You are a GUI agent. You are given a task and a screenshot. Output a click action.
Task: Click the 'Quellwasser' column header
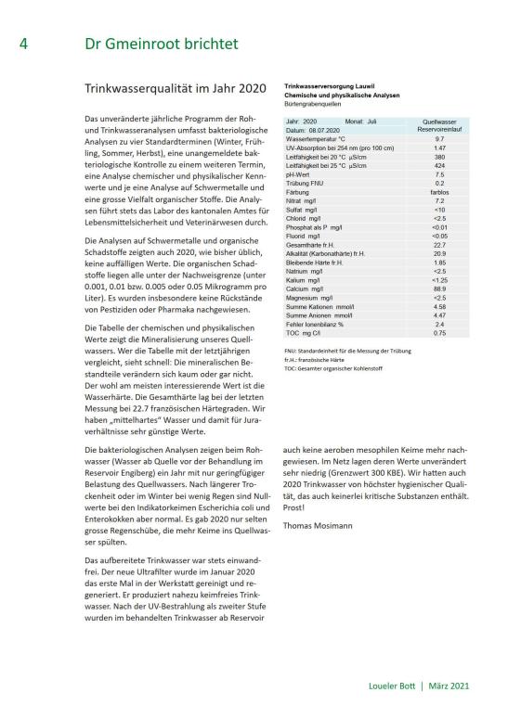point(439,122)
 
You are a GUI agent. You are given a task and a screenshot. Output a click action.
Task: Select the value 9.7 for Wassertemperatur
point(439,138)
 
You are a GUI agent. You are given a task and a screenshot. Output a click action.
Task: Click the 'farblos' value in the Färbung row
point(439,191)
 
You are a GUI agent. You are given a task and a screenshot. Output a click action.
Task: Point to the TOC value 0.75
point(439,332)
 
